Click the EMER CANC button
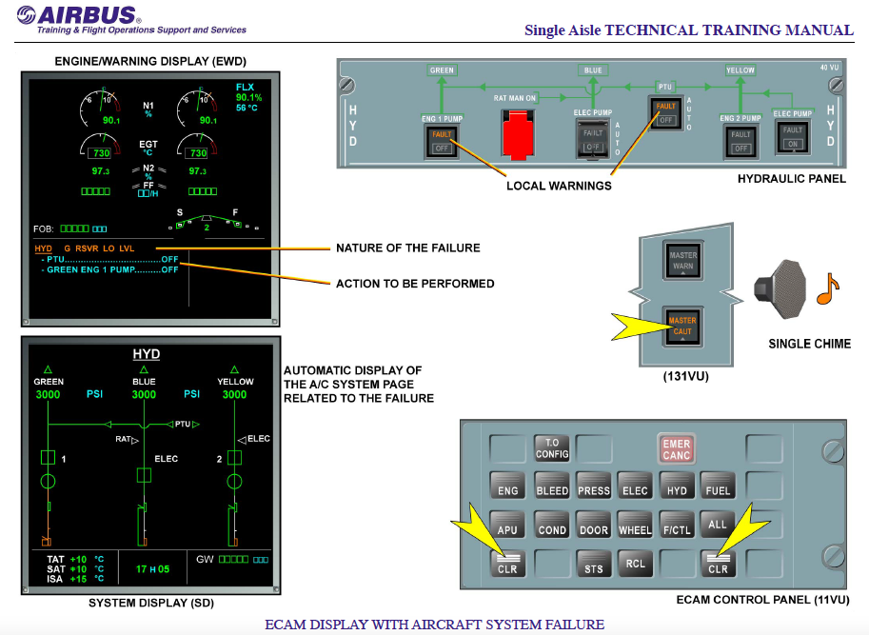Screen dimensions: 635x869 click(677, 448)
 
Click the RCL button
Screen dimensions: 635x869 click(635, 564)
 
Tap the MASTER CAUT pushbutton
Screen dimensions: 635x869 click(682, 325)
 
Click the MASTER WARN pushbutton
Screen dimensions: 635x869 click(682, 259)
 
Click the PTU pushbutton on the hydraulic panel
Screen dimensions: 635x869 click(666, 113)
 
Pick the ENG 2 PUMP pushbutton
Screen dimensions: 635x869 click(741, 142)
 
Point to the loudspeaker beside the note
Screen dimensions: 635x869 click(780, 285)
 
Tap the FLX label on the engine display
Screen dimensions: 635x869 click(247, 88)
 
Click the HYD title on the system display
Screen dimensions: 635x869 click(145, 354)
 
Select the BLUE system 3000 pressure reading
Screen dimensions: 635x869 click(144, 394)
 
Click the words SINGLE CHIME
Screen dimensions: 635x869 click(809, 344)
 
